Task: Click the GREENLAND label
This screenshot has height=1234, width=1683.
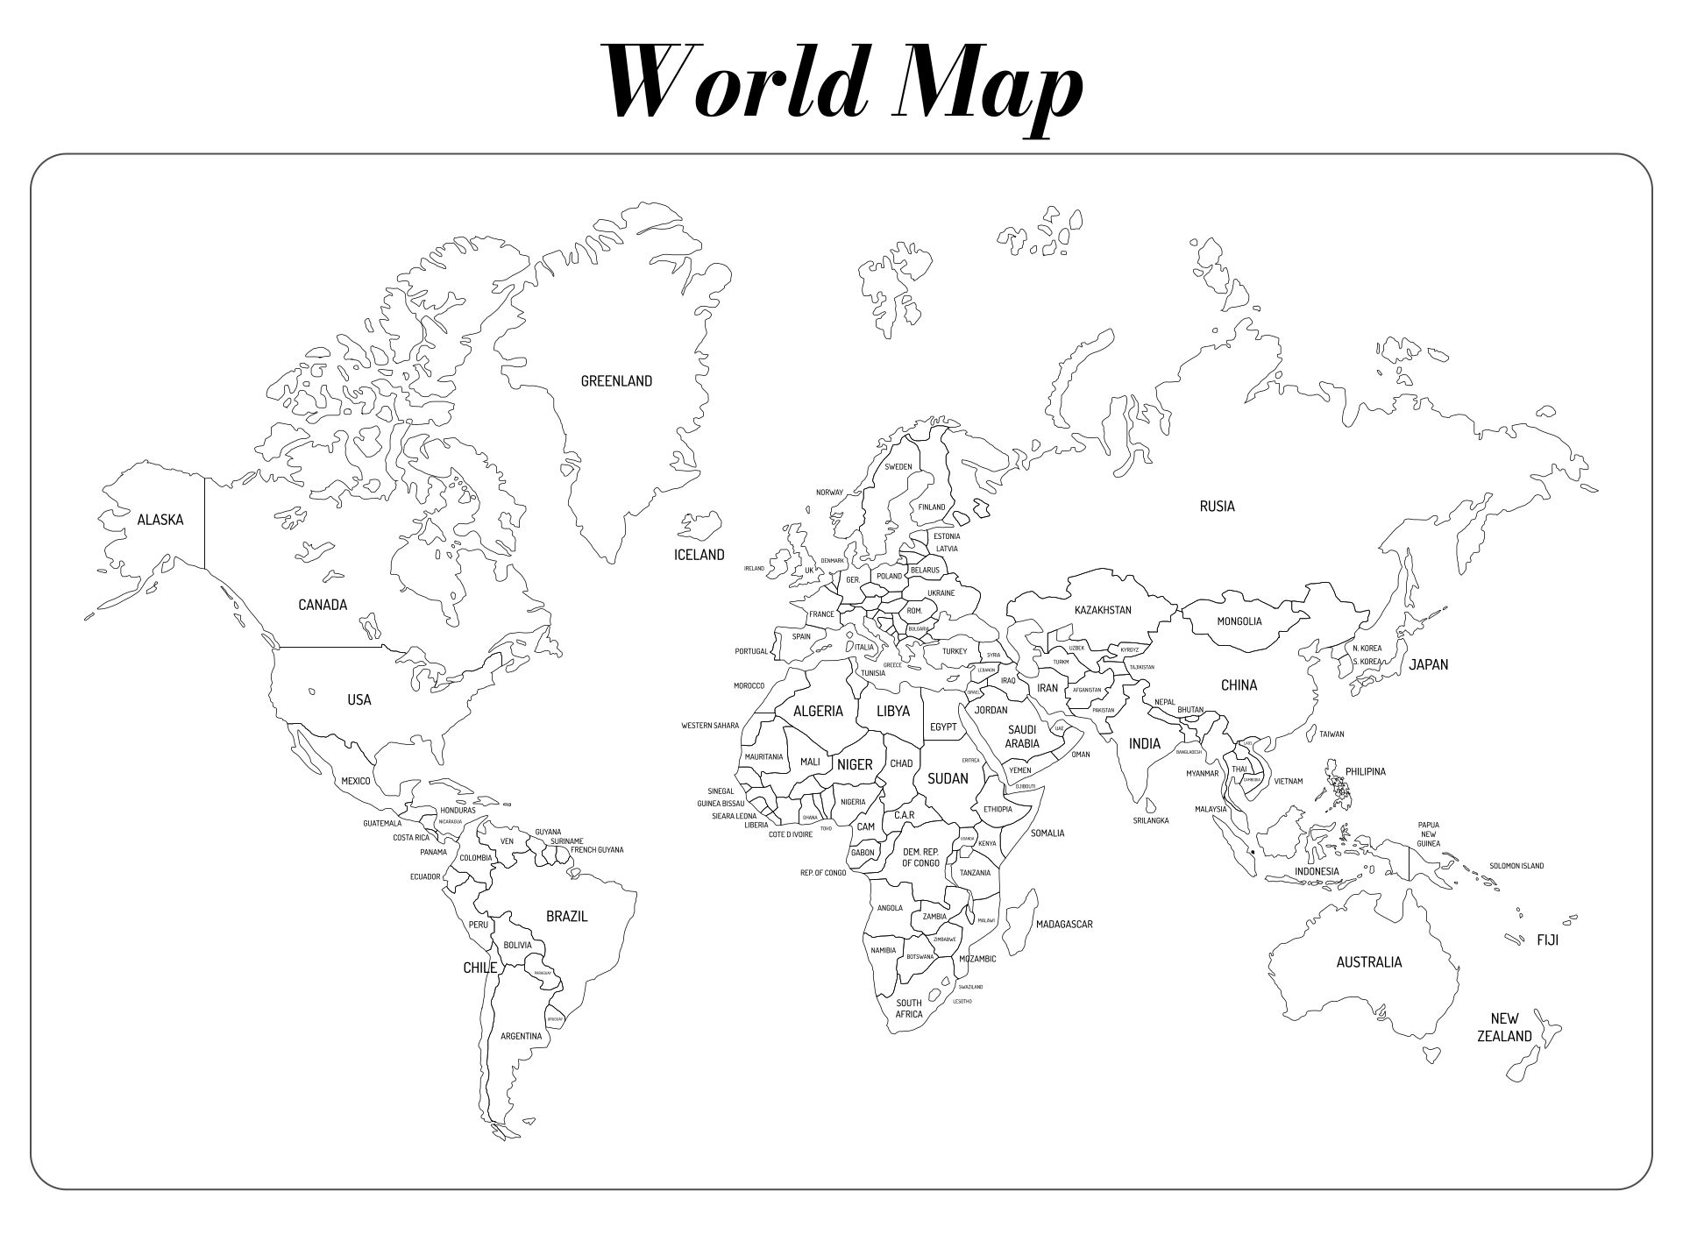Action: click(616, 381)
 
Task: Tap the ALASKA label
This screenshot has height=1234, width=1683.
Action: click(160, 520)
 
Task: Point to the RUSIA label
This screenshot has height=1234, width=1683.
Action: click(1217, 506)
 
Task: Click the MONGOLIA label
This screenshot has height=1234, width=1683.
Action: click(1239, 621)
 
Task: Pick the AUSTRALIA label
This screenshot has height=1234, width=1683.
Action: click(1368, 962)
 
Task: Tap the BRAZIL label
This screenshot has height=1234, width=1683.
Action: click(566, 917)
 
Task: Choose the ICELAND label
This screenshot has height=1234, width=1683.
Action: click(699, 555)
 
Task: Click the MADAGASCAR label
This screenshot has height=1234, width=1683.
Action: click(1064, 925)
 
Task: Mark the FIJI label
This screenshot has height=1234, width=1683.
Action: click(1547, 940)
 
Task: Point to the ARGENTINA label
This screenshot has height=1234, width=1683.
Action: click(521, 1037)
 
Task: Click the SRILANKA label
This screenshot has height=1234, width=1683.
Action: click(1150, 821)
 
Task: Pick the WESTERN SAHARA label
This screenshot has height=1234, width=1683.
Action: click(710, 726)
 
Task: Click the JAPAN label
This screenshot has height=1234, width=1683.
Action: click(1428, 664)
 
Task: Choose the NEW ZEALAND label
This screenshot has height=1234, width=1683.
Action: click(1504, 1027)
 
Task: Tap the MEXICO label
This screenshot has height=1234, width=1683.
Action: click(356, 781)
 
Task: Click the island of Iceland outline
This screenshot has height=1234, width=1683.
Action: click(699, 526)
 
